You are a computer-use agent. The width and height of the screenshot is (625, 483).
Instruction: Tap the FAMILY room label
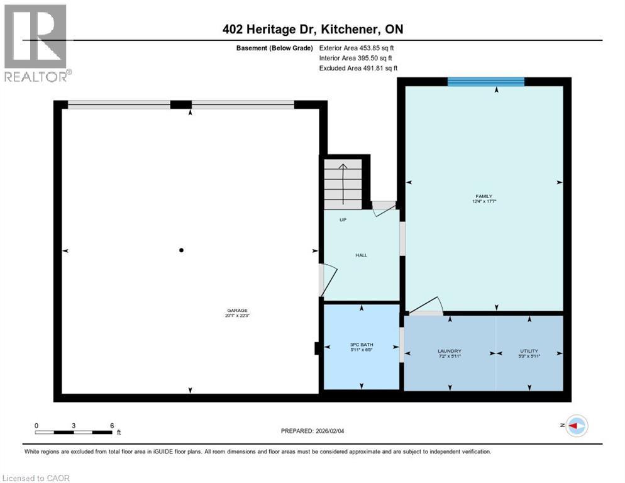pos(484,198)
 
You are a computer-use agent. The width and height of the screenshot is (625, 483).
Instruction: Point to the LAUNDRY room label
pos(450,353)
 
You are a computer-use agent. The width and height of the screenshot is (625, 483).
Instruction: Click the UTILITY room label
pos(529,353)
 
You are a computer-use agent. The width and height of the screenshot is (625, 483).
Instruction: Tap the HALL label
pos(362,255)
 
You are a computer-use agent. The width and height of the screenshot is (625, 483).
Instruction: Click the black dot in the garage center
pos(182,250)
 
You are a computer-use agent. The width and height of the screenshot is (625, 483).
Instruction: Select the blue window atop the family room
pos(485,81)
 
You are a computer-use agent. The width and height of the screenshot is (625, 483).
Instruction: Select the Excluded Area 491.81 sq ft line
pos(358,68)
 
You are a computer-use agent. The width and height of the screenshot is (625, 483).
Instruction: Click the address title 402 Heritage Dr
pos(312,29)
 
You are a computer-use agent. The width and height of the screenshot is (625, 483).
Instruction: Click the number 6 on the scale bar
pos(112,425)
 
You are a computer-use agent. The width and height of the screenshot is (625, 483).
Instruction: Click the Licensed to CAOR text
pos(36,478)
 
